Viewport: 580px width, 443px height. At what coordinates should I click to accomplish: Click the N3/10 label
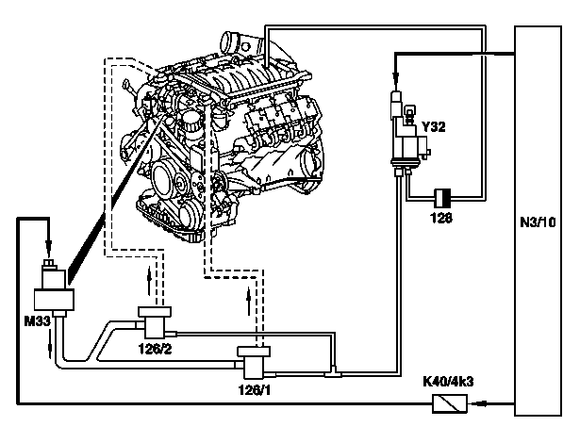coord(538,222)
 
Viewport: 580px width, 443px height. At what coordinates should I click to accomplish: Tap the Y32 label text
coord(434,127)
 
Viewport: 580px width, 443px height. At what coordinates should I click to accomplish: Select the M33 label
coord(37,321)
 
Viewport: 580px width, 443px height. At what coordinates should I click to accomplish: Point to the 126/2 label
coord(156,349)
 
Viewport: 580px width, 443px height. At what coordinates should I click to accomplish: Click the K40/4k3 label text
coord(448,381)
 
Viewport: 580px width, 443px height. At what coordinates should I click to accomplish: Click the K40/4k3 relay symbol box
coord(450,403)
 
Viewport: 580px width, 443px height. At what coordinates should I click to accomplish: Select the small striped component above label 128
coord(442,199)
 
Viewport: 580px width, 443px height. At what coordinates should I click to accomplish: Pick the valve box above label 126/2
coord(155,321)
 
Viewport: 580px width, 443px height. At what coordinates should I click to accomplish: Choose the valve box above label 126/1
coord(254,362)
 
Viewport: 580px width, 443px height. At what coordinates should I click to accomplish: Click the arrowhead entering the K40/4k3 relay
coord(480,403)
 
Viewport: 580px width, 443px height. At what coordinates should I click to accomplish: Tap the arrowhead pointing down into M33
coord(48,244)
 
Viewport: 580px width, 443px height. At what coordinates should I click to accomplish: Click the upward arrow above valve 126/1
coord(249,301)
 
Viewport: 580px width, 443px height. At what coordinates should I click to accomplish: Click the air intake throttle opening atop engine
coord(228,42)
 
